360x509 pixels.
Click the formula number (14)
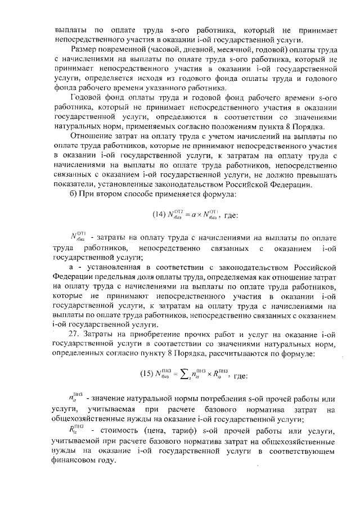tap(159, 214)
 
